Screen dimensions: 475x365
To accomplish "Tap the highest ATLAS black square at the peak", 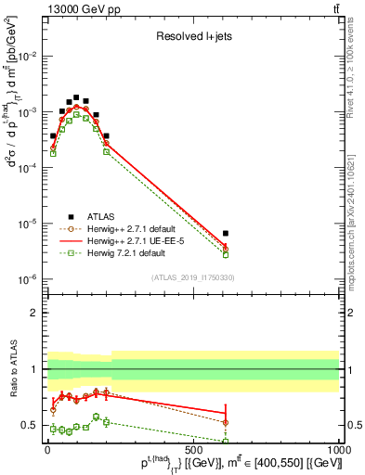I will tap(76, 96).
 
